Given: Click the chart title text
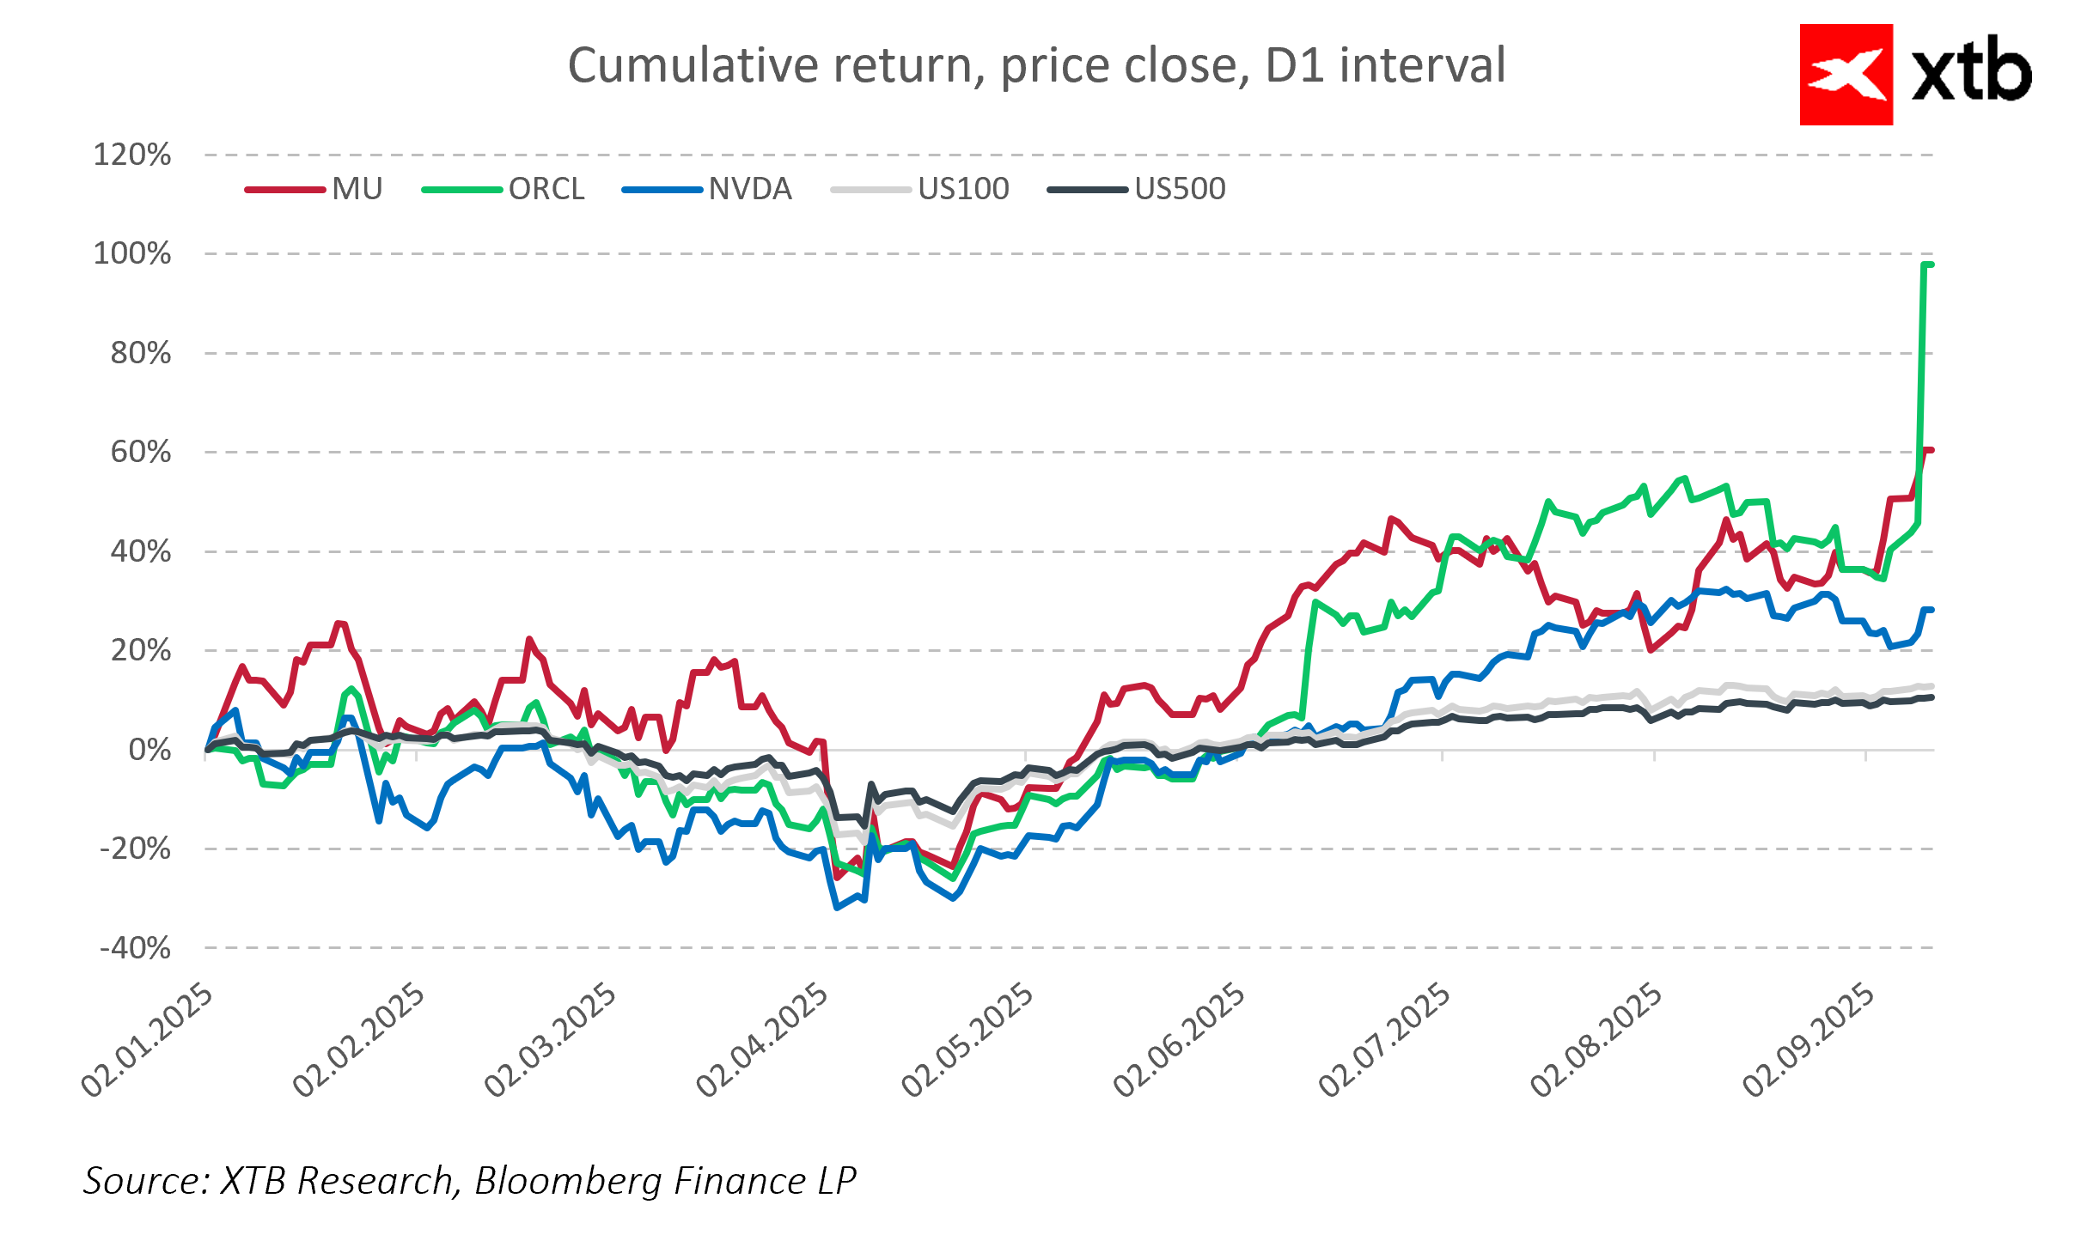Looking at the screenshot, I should tap(1036, 65).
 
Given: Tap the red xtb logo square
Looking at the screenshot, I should tap(1846, 75).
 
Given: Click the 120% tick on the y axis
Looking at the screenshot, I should tap(132, 155).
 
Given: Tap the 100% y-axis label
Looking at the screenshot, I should tap(132, 254).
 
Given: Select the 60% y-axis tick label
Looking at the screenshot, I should tap(140, 453).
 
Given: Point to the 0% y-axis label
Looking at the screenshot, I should tap(150, 751).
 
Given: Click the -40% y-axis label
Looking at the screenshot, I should tap(135, 949).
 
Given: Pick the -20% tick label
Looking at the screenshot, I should tap(135, 849).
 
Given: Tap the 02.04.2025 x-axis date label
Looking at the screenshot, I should tap(763, 1040).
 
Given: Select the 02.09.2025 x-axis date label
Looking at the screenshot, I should tap(1809, 1040).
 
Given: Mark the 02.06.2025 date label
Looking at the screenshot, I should tap(1179, 1040).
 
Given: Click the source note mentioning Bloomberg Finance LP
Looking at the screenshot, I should tap(469, 1181).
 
